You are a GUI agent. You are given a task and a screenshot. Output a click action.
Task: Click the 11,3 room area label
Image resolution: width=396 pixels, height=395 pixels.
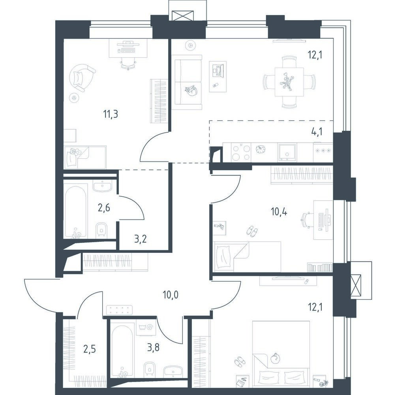pos(111,114)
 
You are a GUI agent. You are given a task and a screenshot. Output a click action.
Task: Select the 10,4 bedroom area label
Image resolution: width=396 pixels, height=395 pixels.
pos(279,211)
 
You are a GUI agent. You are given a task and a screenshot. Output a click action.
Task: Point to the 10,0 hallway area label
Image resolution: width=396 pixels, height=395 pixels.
pos(171,295)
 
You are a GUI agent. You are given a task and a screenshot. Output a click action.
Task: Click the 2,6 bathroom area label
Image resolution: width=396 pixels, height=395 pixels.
pos(104,208)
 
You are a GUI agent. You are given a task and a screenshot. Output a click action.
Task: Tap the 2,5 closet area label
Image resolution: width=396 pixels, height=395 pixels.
pos(90,350)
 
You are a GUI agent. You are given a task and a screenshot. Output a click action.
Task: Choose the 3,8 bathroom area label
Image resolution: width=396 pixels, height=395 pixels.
pos(153,348)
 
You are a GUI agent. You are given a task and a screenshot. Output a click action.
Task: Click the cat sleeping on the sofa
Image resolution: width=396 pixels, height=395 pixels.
pos(191,90)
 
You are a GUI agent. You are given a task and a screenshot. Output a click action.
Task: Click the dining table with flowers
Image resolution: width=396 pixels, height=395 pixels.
pos(289,82)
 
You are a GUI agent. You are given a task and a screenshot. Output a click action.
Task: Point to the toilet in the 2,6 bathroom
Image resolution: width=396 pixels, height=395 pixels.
pos(102,230)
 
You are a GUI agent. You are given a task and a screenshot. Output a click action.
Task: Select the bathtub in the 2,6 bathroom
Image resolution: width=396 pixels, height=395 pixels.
pos(76,212)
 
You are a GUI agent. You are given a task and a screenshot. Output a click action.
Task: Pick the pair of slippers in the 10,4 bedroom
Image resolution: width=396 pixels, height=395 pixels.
pos(252,231)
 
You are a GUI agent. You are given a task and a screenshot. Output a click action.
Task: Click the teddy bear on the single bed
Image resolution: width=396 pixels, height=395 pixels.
pos(75,152)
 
